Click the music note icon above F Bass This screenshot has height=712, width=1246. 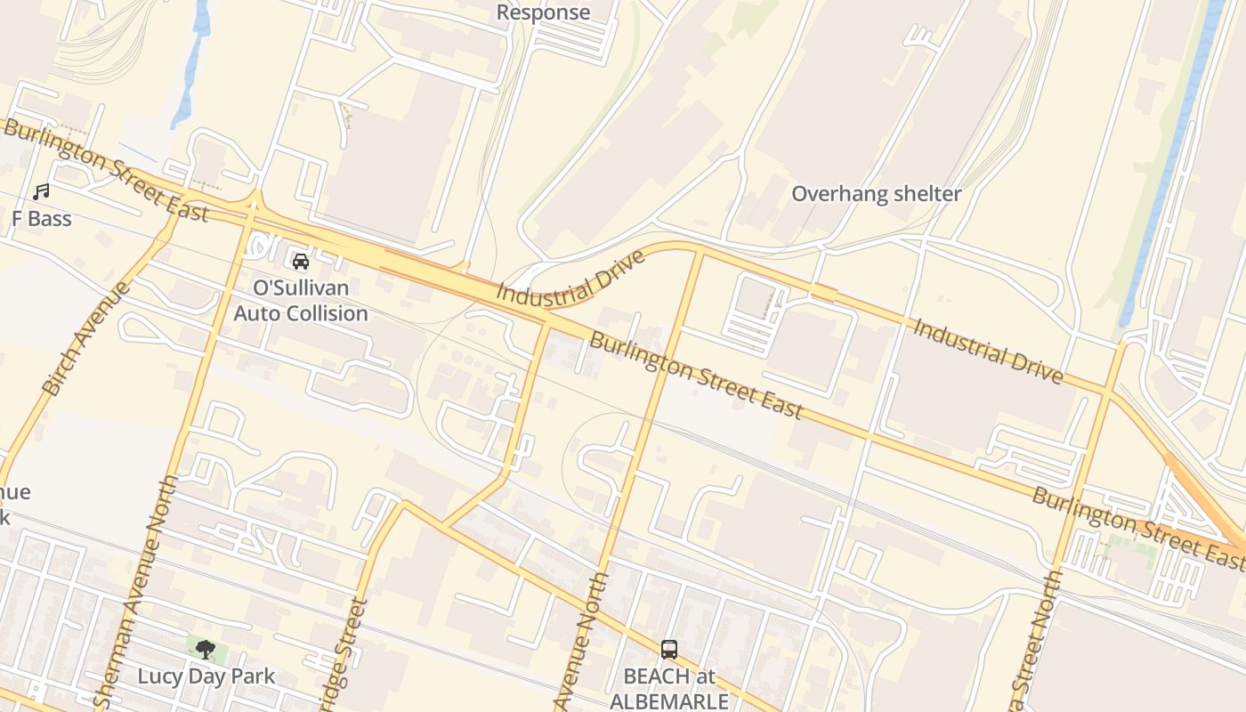click(x=41, y=191)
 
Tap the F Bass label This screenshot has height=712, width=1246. click(x=41, y=219)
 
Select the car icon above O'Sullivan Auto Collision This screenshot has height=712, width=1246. click(x=301, y=262)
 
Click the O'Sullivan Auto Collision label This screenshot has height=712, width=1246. click(x=301, y=301)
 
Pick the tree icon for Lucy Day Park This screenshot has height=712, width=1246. click(x=206, y=650)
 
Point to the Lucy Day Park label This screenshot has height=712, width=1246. click(x=206, y=676)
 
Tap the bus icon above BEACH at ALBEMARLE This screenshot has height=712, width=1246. click(x=669, y=650)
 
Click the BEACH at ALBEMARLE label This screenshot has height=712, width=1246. click(x=669, y=688)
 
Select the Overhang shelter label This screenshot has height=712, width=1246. click(x=876, y=194)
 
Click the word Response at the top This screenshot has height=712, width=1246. click(x=543, y=12)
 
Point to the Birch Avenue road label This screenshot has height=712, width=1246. click(x=86, y=339)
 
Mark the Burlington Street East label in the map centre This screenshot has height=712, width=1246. click(x=696, y=376)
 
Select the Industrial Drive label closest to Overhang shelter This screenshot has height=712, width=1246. click(x=988, y=352)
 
